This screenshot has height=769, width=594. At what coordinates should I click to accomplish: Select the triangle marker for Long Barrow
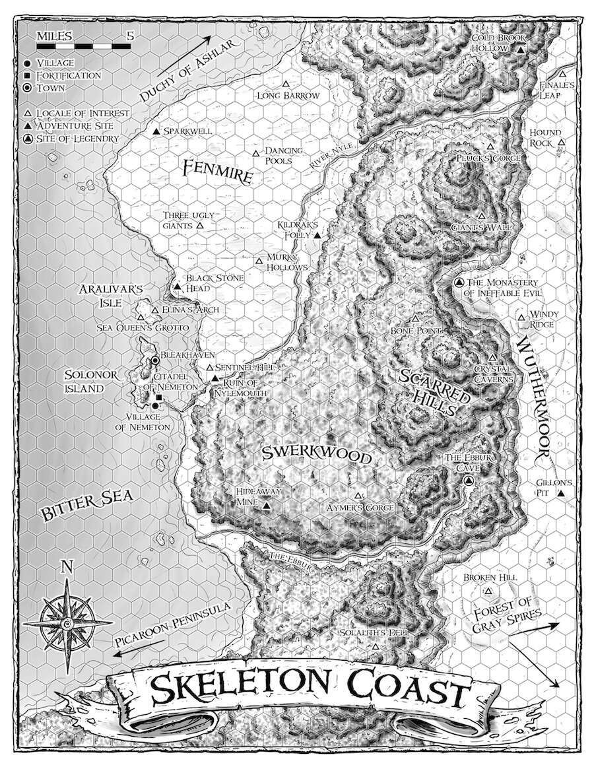click(x=286, y=84)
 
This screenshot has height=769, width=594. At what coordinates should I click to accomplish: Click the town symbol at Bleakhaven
click(x=155, y=360)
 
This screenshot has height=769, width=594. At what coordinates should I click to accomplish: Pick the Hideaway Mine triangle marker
click(x=266, y=506)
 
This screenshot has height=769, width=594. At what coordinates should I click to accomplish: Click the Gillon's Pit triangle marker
click(x=560, y=493)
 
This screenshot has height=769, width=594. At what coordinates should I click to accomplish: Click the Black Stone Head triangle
click(x=178, y=287)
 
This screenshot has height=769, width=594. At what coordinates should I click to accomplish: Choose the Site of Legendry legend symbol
click(x=28, y=139)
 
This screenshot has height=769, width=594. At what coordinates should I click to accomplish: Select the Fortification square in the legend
click(x=28, y=75)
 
